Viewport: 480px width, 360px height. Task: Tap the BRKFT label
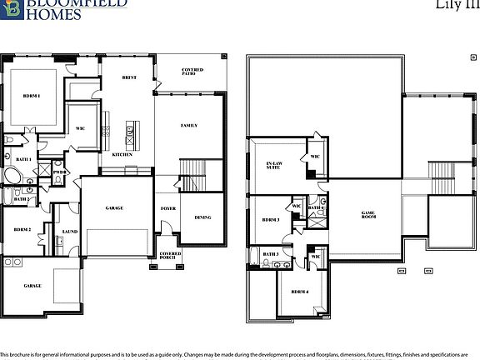(x=129, y=77)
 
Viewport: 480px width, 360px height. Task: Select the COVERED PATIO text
(x=192, y=72)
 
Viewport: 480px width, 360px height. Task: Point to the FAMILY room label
(x=189, y=125)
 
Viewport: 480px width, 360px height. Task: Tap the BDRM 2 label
(x=22, y=229)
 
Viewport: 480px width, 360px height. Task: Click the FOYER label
(x=167, y=208)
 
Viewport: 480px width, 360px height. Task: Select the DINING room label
(x=202, y=217)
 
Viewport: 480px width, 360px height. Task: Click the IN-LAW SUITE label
(x=272, y=165)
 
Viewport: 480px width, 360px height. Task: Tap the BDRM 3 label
(x=270, y=220)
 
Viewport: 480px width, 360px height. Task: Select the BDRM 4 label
(x=299, y=292)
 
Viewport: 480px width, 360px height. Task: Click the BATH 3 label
(x=270, y=254)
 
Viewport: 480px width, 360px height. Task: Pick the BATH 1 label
(x=23, y=158)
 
